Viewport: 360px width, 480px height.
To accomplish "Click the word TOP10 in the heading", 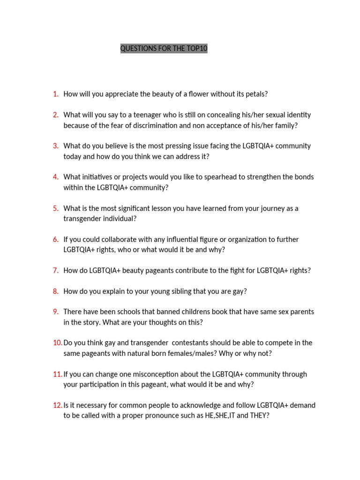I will click(197, 49).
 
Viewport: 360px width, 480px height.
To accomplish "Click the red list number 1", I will click(56, 94).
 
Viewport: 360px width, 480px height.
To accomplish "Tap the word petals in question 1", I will click(256, 94).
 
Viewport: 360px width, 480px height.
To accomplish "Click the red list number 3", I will click(56, 146).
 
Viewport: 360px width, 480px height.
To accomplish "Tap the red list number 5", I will click(56, 209).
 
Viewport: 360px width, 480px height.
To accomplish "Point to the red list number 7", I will click(56, 270).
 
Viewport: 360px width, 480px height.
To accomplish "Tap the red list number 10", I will click(58, 343).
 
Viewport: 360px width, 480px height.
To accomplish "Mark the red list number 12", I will click(58, 405).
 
